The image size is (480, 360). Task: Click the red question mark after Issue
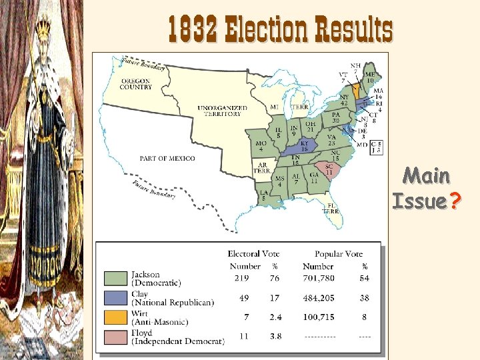tap(455, 201)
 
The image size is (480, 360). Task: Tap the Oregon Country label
tap(136, 84)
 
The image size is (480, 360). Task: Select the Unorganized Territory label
tap(222, 111)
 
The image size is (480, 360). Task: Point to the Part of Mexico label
tap(167, 158)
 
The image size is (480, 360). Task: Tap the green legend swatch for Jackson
tap(117, 278)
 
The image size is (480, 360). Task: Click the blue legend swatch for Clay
tap(117, 298)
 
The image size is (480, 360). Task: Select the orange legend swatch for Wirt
tap(117, 317)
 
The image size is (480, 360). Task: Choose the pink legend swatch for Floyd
tap(117, 337)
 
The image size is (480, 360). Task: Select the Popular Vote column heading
tap(339, 254)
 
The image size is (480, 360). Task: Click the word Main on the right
tap(427, 177)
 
